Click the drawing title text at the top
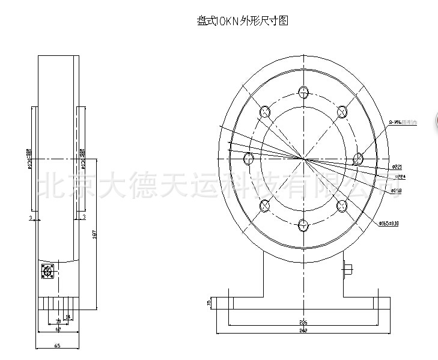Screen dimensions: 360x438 [243, 21]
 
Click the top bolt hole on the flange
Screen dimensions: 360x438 [303, 93]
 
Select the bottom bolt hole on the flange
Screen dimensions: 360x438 [303, 225]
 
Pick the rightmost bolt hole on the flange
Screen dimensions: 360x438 [358, 159]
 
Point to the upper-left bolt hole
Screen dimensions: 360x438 [265, 112]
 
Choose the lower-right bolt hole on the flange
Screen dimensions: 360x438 [342, 206]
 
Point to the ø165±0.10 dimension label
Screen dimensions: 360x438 [389, 223]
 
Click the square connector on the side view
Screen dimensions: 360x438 [47, 272]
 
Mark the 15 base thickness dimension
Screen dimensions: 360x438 [208, 302]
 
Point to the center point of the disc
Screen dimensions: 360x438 [303, 159]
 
